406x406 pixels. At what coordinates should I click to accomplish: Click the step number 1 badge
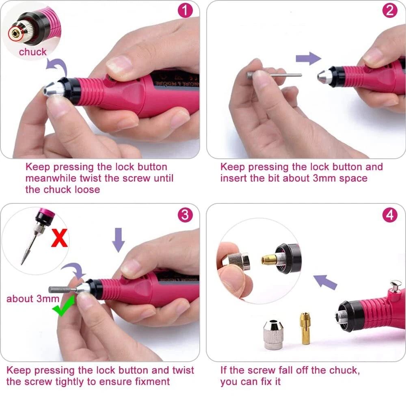[186, 11]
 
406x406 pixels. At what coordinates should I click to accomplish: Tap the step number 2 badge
[390, 11]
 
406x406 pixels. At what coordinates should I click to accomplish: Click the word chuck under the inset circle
[32, 52]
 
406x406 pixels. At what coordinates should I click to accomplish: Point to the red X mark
[59, 239]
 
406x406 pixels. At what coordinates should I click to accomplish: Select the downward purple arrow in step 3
[118, 240]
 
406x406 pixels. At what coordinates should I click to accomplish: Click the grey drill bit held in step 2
[274, 76]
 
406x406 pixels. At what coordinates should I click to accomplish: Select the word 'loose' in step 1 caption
[87, 190]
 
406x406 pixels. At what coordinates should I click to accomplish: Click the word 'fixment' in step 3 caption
[152, 382]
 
